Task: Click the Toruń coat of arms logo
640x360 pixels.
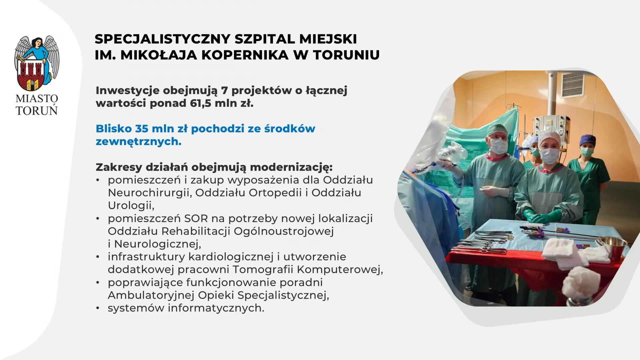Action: [37, 63]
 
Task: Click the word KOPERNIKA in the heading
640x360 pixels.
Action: [245, 55]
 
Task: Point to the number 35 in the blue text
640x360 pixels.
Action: [142, 129]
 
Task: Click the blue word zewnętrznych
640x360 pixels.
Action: [138, 142]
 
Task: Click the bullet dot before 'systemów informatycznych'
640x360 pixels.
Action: [98, 308]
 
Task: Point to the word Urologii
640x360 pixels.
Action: [131, 206]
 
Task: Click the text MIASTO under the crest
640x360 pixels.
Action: [37, 99]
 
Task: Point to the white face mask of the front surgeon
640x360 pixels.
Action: [549, 156]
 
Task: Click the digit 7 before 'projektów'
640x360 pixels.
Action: [224, 90]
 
